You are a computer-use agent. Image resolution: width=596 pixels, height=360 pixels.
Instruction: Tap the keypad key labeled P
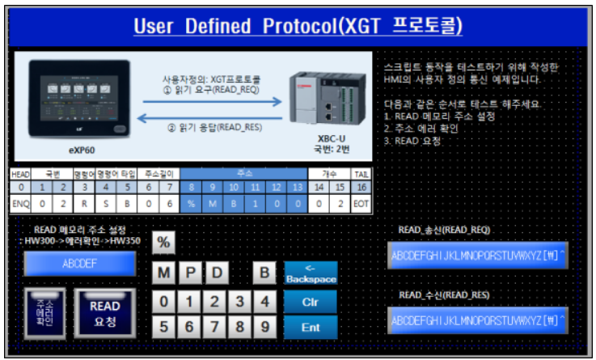(191, 273)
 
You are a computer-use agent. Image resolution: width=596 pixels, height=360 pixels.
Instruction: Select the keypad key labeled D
(216, 273)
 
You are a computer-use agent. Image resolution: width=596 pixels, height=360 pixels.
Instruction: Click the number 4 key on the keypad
(264, 303)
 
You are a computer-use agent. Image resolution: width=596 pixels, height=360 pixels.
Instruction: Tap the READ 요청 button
(104, 312)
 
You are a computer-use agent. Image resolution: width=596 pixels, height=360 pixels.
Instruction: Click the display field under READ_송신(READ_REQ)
(478, 256)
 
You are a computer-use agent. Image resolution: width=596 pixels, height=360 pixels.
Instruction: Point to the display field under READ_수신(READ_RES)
(478, 320)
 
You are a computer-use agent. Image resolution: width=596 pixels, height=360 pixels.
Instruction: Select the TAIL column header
(361, 173)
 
